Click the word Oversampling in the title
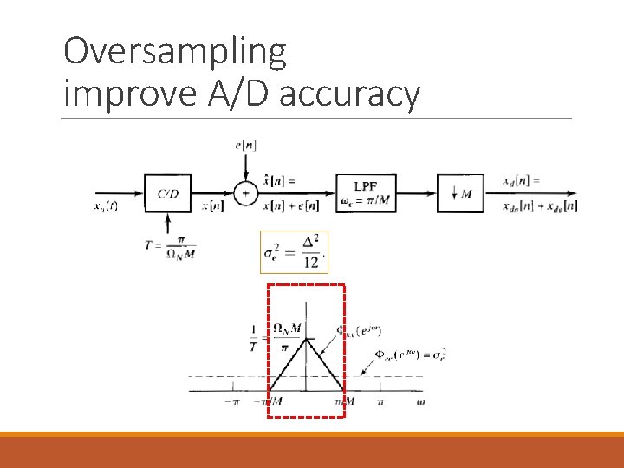coord(174,53)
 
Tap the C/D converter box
coord(167,194)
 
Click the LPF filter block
coord(365,194)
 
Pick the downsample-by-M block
coord(458,194)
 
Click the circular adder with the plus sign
coord(245,194)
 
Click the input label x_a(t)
coord(107,206)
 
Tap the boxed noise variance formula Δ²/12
coord(295,251)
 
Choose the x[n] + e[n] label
coord(289,206)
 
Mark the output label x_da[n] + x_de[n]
coord(539,206)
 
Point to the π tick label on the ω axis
coord(380,401)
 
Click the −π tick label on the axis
coord(231,401)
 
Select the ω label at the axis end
coord(420,401)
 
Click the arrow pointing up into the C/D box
coord(167,227)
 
